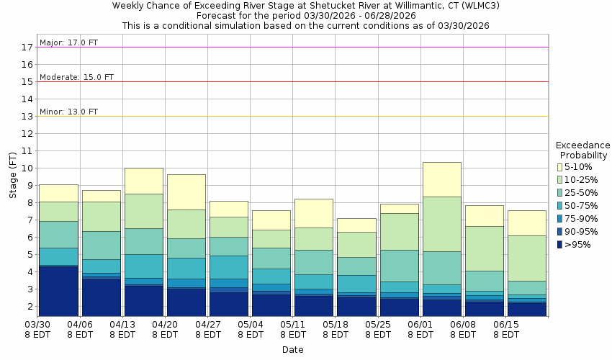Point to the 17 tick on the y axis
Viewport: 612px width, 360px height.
pyautogui.click(x=27, y=47)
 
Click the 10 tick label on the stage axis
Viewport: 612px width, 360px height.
pyautogui.click(x=27, y=168)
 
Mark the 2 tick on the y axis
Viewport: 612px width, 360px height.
pyautogui.click(x=30, y=306)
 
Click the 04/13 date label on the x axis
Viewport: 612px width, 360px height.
pyautogui.click(x=122, y=325)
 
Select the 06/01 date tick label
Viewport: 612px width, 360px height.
pyautogui.click(x=420, y=325)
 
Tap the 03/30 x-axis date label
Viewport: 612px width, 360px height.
pyautogui.click(x=37, y=325)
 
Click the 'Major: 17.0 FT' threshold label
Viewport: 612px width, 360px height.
pyautogui.click(x=68, y=42)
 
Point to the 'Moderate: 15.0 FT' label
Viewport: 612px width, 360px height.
pyautogui.click(x=76, y=77)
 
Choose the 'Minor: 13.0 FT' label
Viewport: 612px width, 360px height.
pyautogui.click(x=68, y=112)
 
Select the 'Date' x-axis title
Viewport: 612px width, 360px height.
pyautogui.click(x=292, y=350)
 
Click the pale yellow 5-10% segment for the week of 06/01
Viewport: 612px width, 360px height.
pyautogui.click(x=441, y=179)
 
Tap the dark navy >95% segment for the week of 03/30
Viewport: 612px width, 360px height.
pyautogui.click(x=58, y=291)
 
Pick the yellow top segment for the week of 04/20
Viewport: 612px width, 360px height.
pyautogui.click(x=186, y=192)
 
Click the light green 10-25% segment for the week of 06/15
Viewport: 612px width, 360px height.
pyautogui.click(x=526, y=258)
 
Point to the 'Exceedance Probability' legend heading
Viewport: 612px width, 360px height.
pyautogui.click(x=583, y=149)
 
